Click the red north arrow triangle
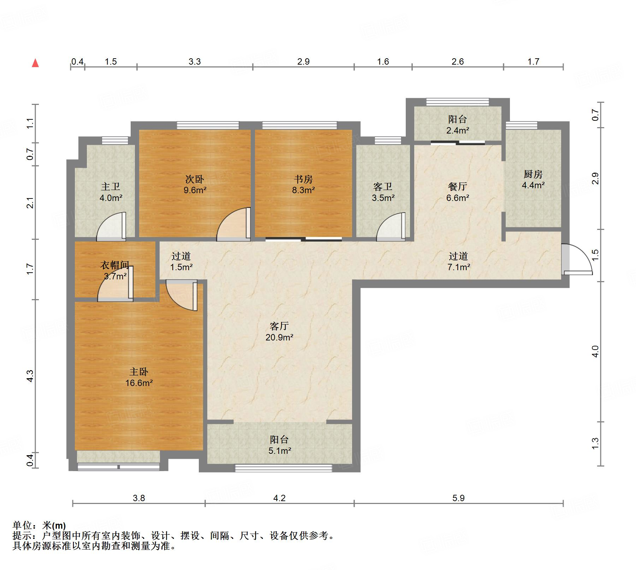(x=35, y=63)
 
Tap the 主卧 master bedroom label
(x=139, y=372)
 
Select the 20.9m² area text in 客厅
(x=279, y=337)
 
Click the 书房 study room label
(x=303, y=179)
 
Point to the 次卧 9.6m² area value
(x=195, y=190)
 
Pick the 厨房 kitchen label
(x=533, y=174)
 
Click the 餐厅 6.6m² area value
(x=457, y=198)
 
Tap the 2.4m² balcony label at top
(x=457, y=130)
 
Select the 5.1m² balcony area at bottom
(x=279, y=451)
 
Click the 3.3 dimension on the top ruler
(x=195, y=62)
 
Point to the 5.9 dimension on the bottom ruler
(x=458, y=498)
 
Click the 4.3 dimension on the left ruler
(x=30, y=375)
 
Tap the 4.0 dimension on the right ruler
(x=595, y=351)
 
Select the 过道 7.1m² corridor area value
(x=458, y=267)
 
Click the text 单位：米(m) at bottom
(x=39, y=526)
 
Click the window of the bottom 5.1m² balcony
(x=283, y=468)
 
